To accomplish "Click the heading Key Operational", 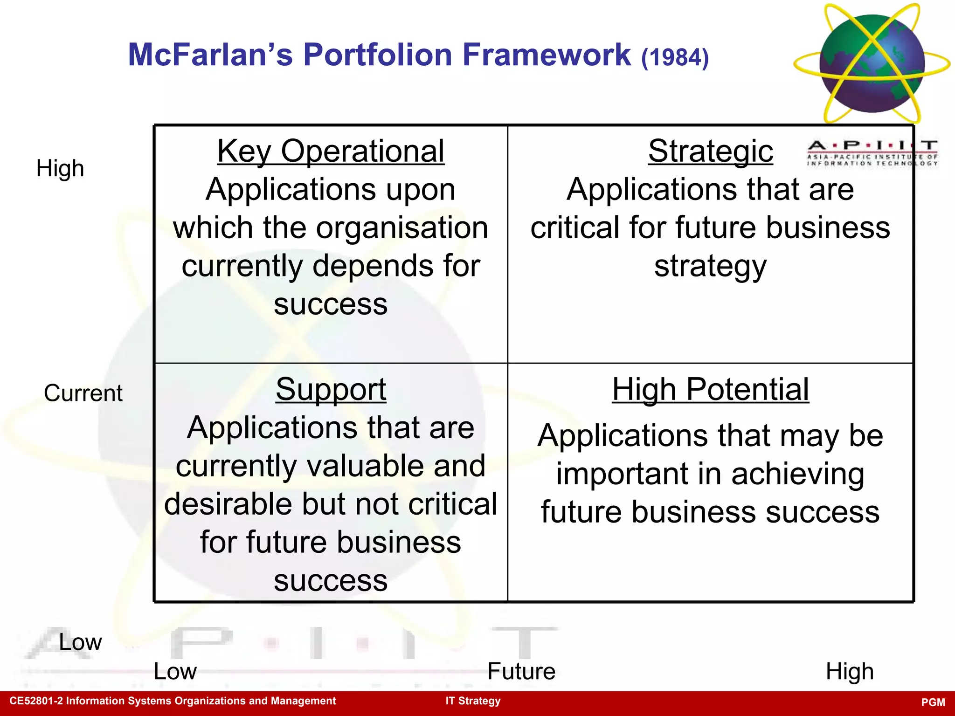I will click(331, 151).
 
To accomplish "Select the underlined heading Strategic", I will click(710, 151).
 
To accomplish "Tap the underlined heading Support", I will click(331, 390).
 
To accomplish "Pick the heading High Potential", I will click(710, 390).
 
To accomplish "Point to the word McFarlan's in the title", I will click(210, 55).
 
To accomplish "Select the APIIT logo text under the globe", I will click(872, 153).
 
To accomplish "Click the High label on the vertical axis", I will click(60, 169).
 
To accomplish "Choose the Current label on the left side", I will click(83, 393).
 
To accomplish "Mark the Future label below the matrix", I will click(521, 672).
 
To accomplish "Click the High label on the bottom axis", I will click(849, 672).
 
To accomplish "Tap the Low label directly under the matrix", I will click(175, 672).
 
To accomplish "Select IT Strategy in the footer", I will click(473, 701).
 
